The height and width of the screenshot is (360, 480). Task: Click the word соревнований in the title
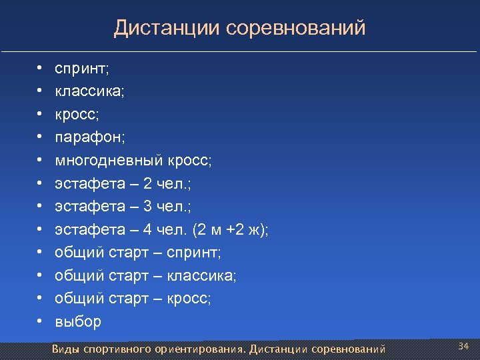pyautogui.click(x=296, y=29)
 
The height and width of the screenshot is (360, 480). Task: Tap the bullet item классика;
pyautogui.click(x=89, y=91)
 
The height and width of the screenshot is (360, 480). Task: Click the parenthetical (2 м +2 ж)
pyautogui.click(x=230, y=229)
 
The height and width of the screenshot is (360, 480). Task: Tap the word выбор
pyautogui.click(x=78, y=321)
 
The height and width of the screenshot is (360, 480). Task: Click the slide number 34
pyautogui.click(x=464, y=345)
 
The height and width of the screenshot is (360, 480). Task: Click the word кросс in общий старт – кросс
pyautogui.click(x=189, y=299)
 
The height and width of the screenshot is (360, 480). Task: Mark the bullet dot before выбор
pyautogui.click(x=40, y=321)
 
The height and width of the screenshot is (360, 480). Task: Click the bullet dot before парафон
pyautogui.click(x=40, y=137)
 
